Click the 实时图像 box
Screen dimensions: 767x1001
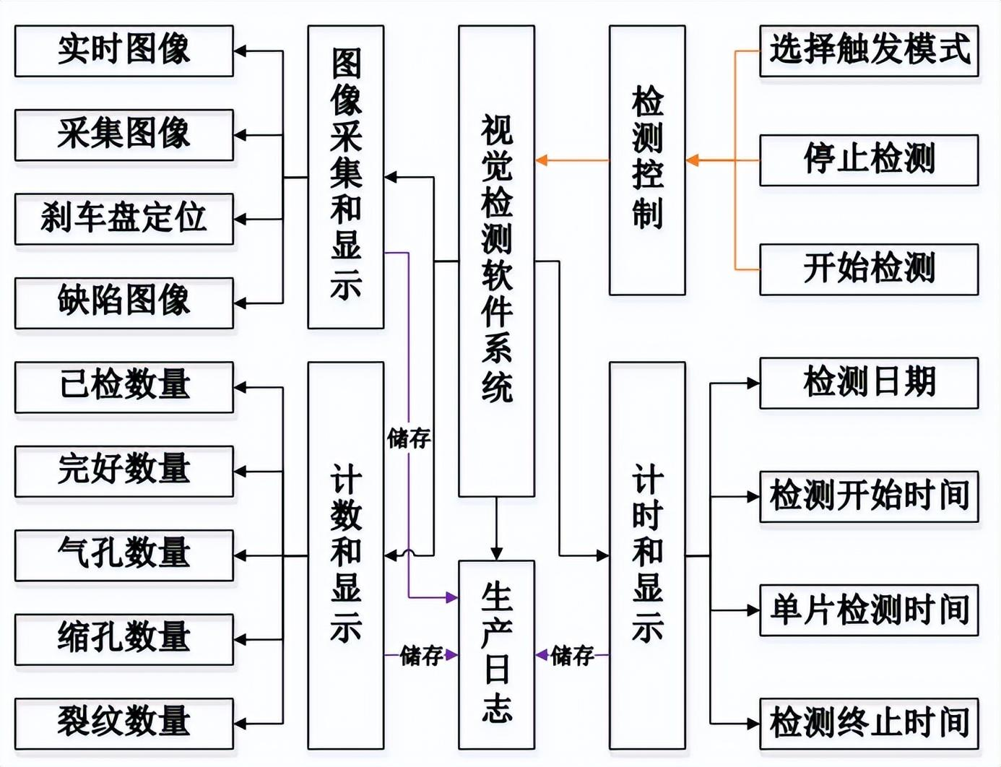(x=124, y=51)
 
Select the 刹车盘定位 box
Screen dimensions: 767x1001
(x=124, y=218)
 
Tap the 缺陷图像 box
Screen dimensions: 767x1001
(x=124, y=302)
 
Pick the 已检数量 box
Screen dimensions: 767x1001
(x=124, y=386)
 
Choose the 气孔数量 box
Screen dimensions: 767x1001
(x=124, y=555)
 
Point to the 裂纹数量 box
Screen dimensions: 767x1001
(x=124, y=723)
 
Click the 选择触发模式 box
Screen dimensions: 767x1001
(x=869, y=51)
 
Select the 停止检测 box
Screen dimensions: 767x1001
(x=869, y=160)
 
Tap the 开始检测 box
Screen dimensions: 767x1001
(x=869, y=269)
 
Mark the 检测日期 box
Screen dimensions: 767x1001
(x=869, y=383)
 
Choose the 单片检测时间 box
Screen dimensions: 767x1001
(x=869, y=610)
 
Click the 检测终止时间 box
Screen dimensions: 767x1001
(x=869, y=723)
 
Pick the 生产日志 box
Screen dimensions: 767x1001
(x=496, y=654)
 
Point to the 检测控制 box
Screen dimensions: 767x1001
(x=647, y=160)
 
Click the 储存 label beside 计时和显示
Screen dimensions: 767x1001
(x=572, y=656)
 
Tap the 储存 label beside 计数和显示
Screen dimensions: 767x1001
(x=422, y=656)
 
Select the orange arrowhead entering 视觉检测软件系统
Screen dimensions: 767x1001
(x=542, y=160)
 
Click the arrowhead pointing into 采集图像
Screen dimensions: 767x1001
(x=240, y=135)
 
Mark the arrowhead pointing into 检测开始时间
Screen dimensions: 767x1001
(x=753, y=497)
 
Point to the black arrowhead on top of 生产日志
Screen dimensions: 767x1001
(x=496, y=554)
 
